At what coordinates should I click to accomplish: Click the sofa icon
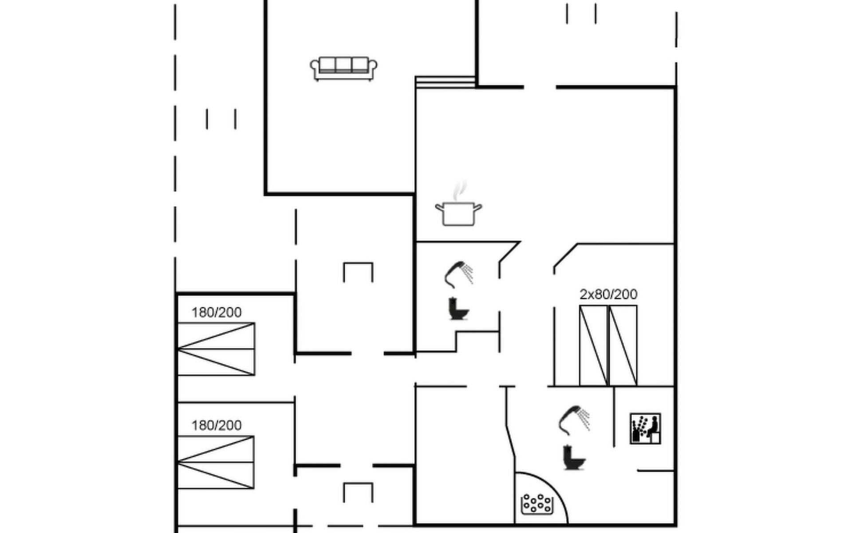click(343, 69)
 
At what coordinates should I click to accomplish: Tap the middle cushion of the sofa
click(343, 65)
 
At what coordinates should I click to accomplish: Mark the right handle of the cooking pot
click(478, 207)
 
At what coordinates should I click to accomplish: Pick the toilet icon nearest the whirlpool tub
click(574, 457)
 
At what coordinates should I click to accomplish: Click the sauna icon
click(645, 429)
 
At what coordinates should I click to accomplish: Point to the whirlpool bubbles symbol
click(537, 504)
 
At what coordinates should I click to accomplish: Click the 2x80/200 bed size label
click(608, 294)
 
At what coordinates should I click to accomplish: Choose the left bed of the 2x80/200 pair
click(594, 346)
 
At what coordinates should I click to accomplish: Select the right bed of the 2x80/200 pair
click(623, 346)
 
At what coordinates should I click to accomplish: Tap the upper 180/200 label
click(217, 312)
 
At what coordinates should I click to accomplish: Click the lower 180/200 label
click(217, 426)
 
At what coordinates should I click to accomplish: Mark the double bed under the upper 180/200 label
click(216, 349)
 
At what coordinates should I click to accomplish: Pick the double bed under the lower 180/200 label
click(216, 462)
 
